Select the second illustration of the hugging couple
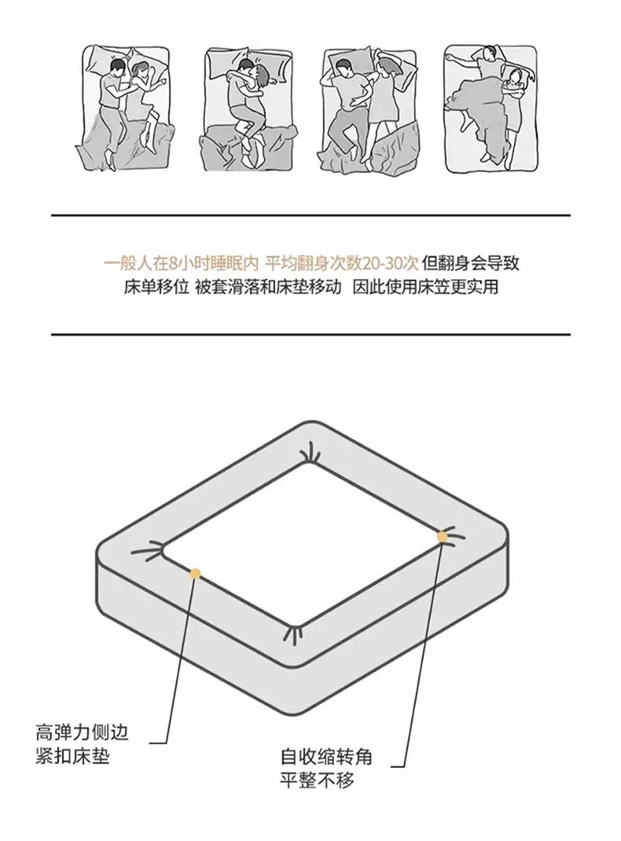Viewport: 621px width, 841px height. click(x=249, y=109)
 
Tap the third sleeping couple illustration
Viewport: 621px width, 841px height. click(x=370, y=109)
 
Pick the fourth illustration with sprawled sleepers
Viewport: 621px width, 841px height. click(x=491, y=109)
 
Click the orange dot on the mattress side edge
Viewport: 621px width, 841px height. click(x=195, y=574)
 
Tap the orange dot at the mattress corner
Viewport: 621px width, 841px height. click(x=443, y=536)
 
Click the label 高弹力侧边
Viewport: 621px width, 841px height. click(x=82, y=732)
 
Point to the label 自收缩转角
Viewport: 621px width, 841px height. click(x=326, y=757)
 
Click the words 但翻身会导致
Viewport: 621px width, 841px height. click(x=470, y=263)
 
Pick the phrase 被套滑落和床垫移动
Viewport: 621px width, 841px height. click(x=268, y=287)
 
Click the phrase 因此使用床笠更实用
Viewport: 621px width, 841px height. click(x=425, y=287)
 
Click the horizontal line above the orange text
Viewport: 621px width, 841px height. click(x=310, y=215)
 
